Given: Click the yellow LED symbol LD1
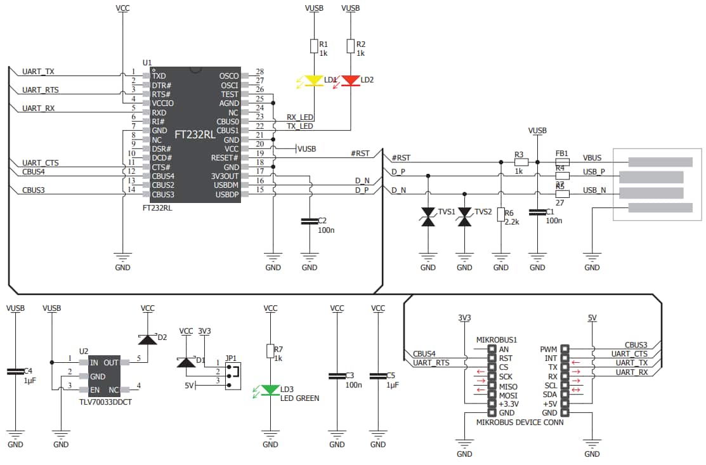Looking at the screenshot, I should pyautogui.click(x=314, y=81).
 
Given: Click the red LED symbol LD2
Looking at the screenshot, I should pyautogui.click(x=350, y=81).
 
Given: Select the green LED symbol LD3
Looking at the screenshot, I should pyautogui.click(x=271, y=390).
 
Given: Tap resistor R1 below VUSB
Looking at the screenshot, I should pyautogui.click(x=314, y=46).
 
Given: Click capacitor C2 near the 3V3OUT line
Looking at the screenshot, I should pyautogui.click(x=310, y=221).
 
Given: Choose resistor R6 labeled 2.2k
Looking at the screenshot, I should pyautogui.click(x=501, y=215).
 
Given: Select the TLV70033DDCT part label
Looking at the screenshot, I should pyautogui.click(x=105, y=402).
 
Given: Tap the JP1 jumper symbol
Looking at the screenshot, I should pyautogui.click(x=232, y=371).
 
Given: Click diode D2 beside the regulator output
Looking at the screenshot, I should pyautogui.click(x=148, y=339).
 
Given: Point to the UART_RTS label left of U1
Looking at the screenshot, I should pyautogui.click(x=41, y=90).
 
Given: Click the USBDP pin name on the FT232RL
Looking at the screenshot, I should pyautogui.click(x=226, y=194).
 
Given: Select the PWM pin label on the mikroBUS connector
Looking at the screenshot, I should pyautogui.click(x=548, y=349).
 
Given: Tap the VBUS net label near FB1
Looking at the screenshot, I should pyautogui.click(x=592, y=158).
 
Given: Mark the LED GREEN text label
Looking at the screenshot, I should pyautogui.click(x=299, y=398).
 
